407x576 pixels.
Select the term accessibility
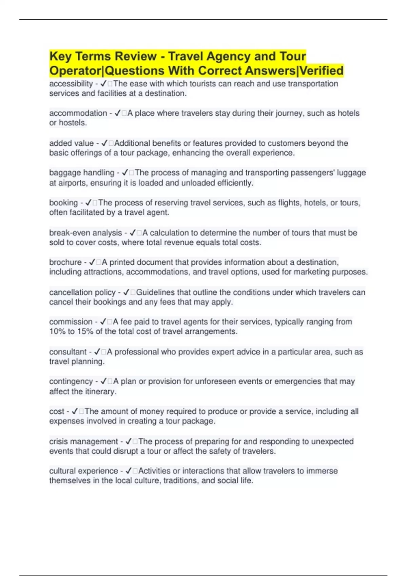pos(71,84)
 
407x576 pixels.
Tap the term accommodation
pos(78,113)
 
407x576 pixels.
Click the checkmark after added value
pos(104,143)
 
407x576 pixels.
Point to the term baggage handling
pos(82,173)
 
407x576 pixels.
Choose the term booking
pos(63,203)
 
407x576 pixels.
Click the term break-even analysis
pos(85,233)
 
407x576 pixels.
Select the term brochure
pos(65,262)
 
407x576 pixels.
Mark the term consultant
pos(68,352)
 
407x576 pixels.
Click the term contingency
pos(71,382)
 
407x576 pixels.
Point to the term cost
pos(57,412)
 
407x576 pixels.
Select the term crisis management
pos(83,442)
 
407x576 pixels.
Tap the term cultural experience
pos(83,471)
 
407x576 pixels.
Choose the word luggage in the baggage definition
pos(353,173)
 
